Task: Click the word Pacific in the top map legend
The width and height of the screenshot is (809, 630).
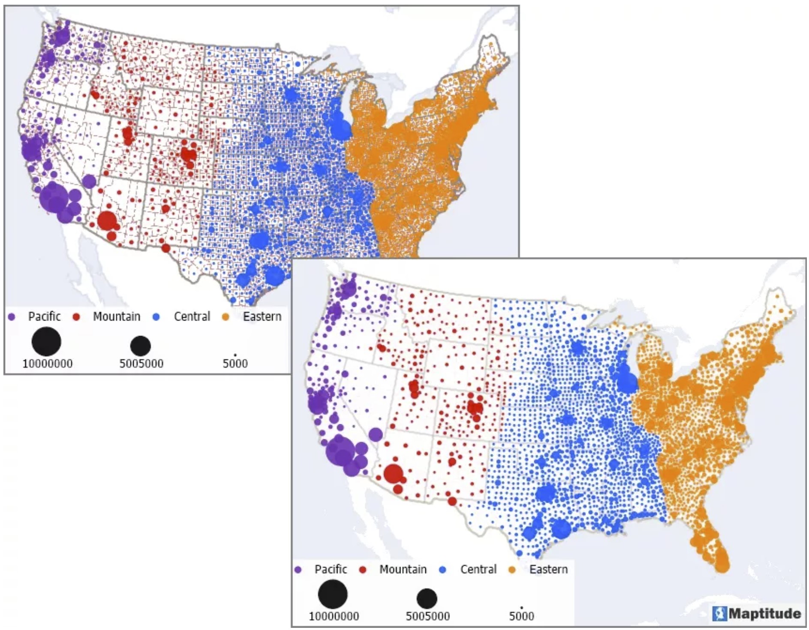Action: click(44, 316)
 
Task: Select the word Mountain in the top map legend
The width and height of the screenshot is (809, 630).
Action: click(117, 316)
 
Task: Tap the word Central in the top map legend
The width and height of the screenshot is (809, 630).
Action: click(192, 316)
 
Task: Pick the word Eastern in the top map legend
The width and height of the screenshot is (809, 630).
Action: click(262, 316)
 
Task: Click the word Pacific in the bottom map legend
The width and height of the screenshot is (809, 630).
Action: click(331, 569)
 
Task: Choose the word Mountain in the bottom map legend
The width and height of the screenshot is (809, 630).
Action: click(403, 569)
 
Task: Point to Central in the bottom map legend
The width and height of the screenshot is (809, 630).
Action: click(478, 569)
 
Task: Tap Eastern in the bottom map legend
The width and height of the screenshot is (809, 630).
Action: click(548, 569)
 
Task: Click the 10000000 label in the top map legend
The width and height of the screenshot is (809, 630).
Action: click(47, 364)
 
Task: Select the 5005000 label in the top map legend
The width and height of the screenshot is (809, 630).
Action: click(141, 364)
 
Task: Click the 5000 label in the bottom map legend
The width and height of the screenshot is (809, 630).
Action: click(521, 616)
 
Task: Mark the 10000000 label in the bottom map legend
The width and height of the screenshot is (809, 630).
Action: click(334, 616)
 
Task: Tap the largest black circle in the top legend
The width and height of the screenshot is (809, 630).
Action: click(46, 341)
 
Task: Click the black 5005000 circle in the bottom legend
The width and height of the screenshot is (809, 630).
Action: click(427, 598)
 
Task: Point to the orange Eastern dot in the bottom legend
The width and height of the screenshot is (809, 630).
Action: click(511, 570)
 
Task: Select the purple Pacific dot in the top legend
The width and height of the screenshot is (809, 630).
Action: click(12, 317)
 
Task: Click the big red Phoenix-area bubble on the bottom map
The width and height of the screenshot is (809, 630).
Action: click(393, 474)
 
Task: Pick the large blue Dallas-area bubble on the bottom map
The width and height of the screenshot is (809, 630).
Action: click(546, 493)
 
